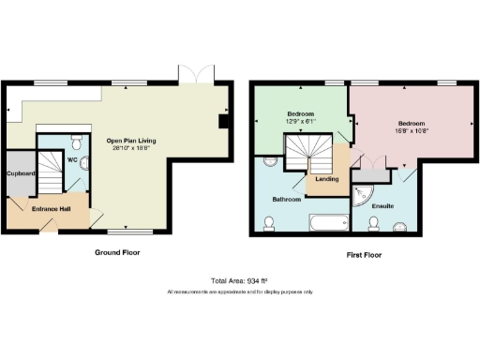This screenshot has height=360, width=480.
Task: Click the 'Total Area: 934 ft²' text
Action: [x=240, y=281]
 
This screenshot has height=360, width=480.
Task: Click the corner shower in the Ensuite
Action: [x=360, y=192]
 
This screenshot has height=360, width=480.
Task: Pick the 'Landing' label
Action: [x=327, y=178]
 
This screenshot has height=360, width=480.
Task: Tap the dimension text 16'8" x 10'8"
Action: [x=411, y=132]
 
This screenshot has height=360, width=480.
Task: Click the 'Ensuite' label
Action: [x=382, y=205]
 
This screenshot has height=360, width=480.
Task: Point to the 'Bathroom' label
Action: [x=287, y=200]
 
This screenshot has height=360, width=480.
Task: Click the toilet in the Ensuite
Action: [x=374, y=222]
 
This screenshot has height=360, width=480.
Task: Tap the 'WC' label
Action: [x=71, y=159]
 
